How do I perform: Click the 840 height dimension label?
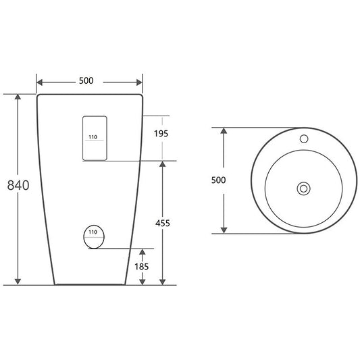tap(18, 185)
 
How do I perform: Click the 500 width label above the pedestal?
tap(86, 80)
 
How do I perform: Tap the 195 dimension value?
tap(161, 133)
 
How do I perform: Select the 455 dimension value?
tap(163, 223)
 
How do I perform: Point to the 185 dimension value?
tap(142, 267)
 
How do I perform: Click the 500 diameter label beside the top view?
tap(219, 180)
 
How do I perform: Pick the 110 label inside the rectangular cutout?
tap(93, 137)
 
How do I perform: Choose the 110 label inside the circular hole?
tap(93, 232)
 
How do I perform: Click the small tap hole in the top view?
tap(304, 138)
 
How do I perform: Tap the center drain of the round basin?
tap(303, 188)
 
